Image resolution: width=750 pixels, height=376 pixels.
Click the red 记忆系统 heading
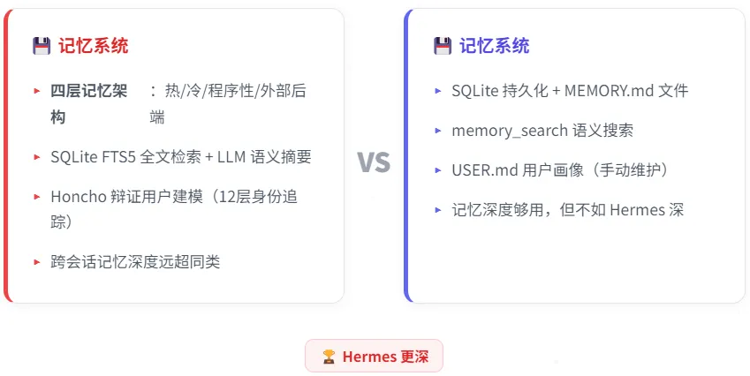click(x=94, y=46)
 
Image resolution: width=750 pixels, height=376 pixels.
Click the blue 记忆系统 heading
click(x=494, y=46)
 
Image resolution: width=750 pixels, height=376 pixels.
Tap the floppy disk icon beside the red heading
click(x=42, y=46)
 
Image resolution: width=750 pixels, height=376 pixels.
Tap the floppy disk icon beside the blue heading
click(x=443, y=46)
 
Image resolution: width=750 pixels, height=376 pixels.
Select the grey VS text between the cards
click(x=374, y=162)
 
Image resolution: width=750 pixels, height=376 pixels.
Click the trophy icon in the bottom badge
click(x=329, y=357)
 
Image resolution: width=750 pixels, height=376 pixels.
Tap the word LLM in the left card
click(x=231, y=157)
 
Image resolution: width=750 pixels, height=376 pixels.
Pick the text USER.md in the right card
click(x=484, y=170)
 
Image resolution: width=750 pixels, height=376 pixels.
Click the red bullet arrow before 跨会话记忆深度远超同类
click(x=37, y=262)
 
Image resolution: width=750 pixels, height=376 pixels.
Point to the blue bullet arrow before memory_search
click(x=437, y=131)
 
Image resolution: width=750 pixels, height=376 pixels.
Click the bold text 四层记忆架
click(x=89, y=90)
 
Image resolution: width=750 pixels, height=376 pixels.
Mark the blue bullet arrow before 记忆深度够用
click(x=437, y=210)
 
